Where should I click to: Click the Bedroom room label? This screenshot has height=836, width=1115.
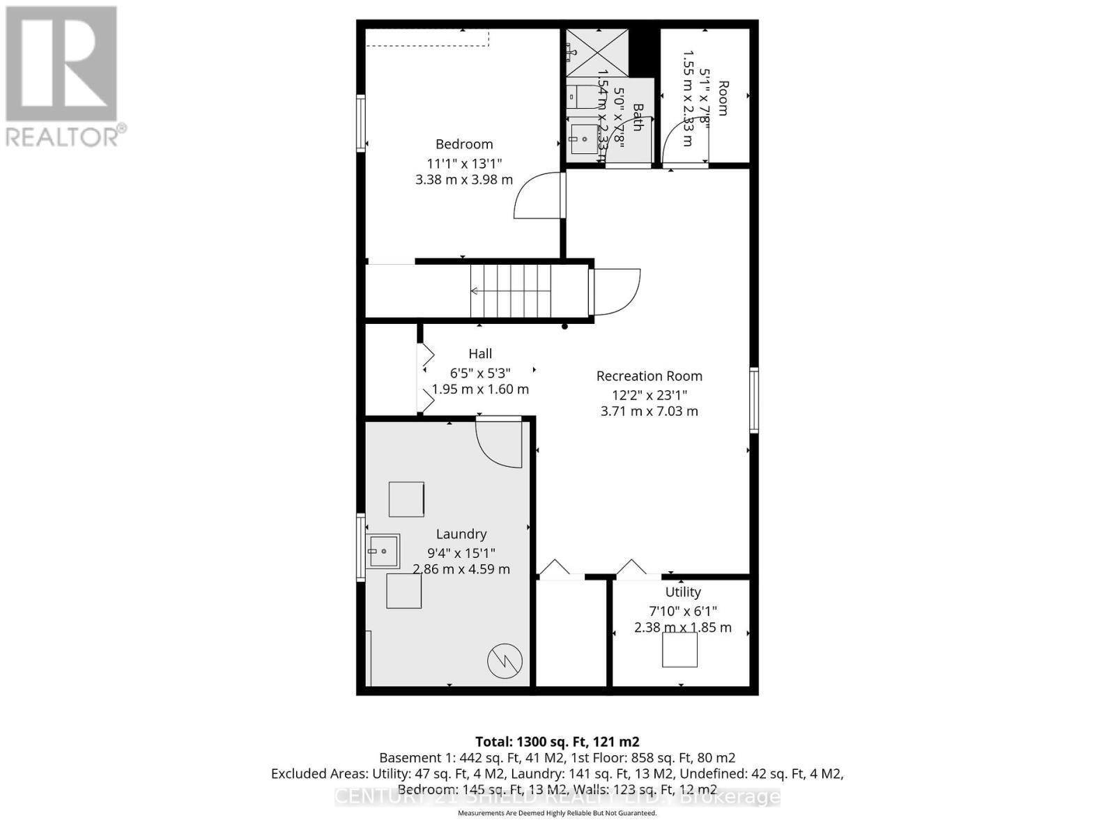point(464,144)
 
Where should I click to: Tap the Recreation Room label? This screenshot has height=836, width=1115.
point(649,376)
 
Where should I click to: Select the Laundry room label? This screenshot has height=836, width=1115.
point(461,534)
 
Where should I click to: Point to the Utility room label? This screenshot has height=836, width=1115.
point(682,592)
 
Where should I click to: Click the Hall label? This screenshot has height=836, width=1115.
point(480,354)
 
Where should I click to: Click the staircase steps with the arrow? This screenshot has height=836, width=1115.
point(511,291)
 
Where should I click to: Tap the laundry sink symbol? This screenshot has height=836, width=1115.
point(383,551)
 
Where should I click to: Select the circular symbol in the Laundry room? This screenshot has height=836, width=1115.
point(505,662)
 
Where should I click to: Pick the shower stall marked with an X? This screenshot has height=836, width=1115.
point(597,53)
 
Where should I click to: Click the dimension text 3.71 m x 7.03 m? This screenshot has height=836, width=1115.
point(649,412)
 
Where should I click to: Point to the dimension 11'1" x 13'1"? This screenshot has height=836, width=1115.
point(464,164)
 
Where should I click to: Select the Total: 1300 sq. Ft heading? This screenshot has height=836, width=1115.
point(557,741)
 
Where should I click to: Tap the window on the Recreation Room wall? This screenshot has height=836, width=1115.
point(754,401)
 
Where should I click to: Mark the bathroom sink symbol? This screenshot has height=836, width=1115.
point(584,139)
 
